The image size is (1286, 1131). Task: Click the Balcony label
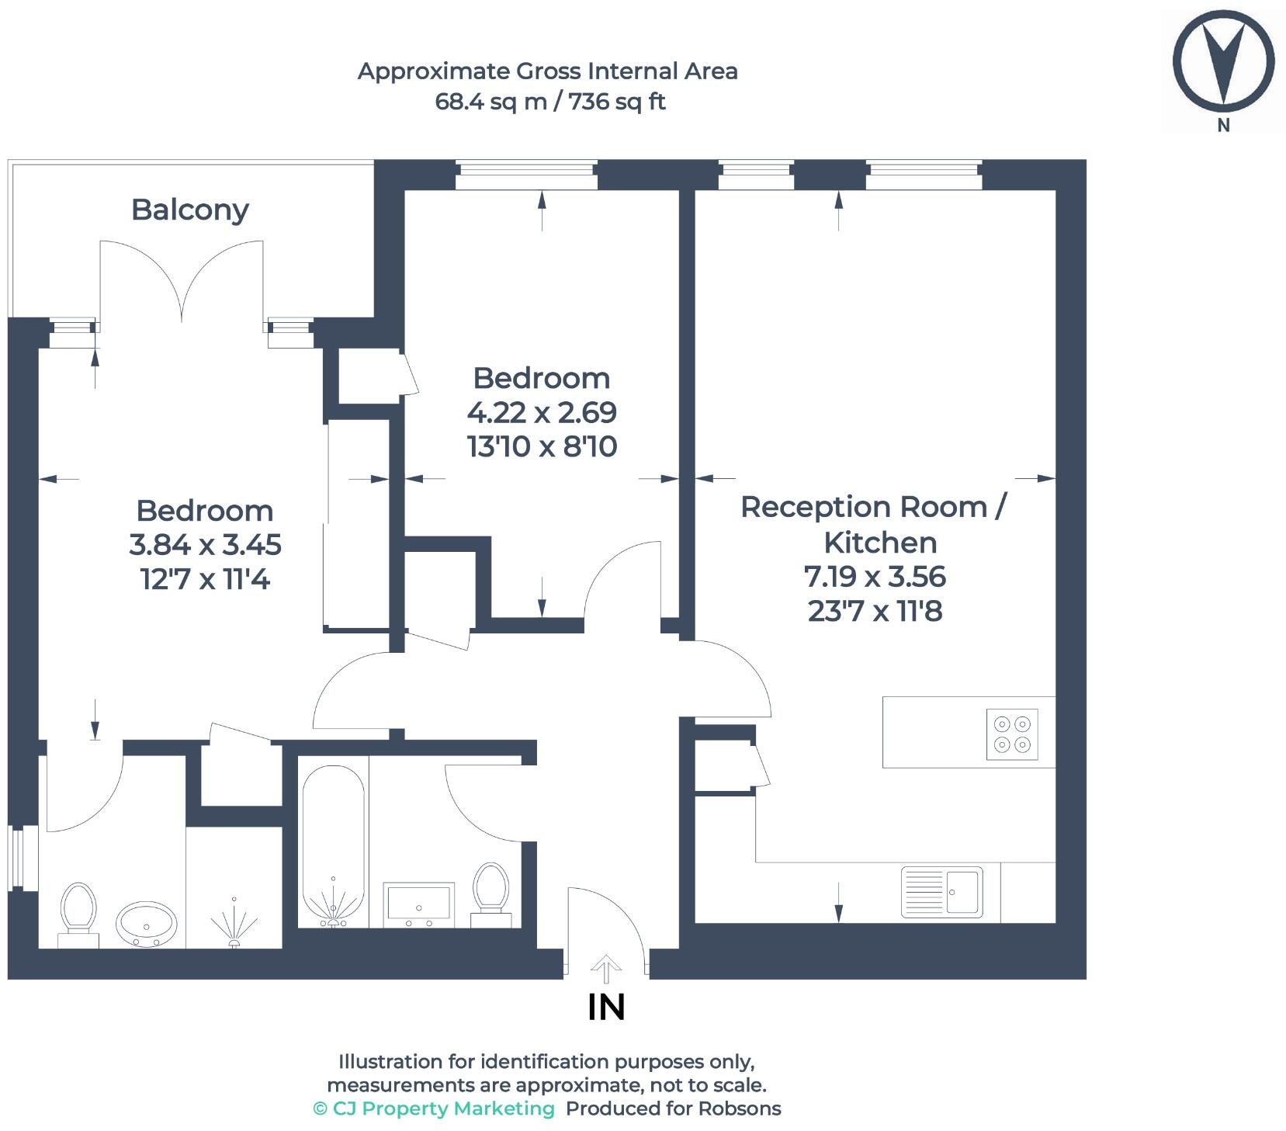[x=189, y=210]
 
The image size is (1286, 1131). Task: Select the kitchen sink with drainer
[x=941, y=891]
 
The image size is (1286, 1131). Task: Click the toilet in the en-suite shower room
[x=78, y=913]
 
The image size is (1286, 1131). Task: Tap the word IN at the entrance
[x=606, y=1008]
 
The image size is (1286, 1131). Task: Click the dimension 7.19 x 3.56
[x=875, y=577]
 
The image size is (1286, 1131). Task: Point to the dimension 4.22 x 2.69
[x=542, y=412]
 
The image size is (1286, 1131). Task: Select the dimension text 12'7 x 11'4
[x=205, y=579]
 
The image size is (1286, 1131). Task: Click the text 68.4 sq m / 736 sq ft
[x=549, y=102]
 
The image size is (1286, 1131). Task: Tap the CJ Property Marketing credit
[x=434, y=1108]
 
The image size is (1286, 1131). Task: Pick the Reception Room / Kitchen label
[x=875, y=524]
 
